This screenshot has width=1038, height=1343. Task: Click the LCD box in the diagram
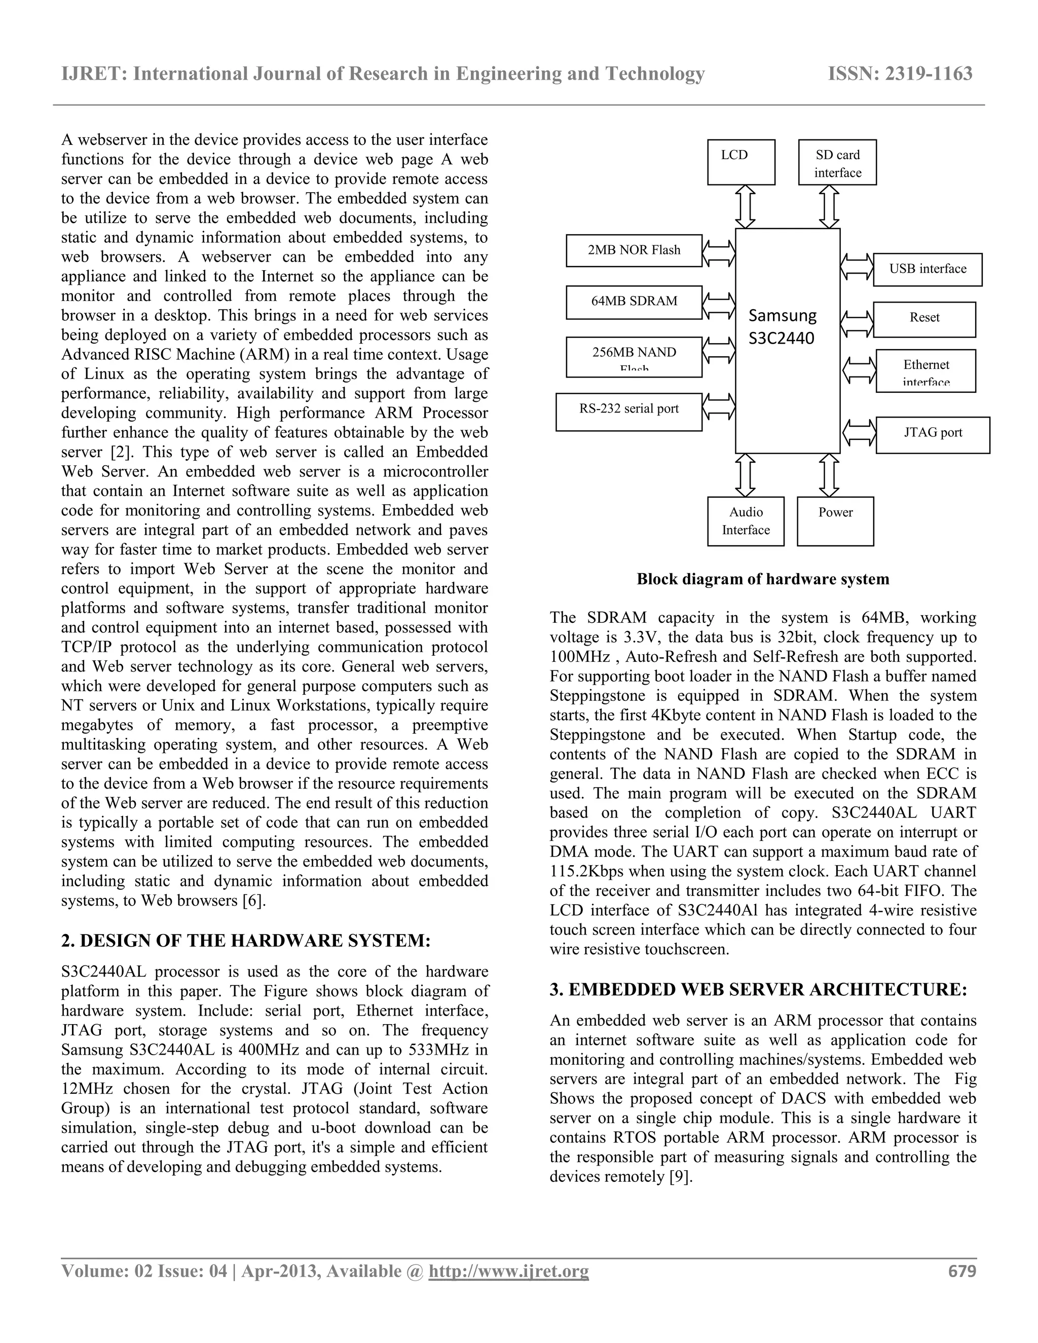(740, 162)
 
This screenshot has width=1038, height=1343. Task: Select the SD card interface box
(837, 162)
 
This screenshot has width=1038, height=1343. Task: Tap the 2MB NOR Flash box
(634, 250)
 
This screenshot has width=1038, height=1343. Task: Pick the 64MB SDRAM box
(634, 302)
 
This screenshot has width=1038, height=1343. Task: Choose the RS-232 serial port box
(628, 412)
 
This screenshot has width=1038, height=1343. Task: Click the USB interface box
(928, 269)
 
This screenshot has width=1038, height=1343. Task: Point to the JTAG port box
(932, 435)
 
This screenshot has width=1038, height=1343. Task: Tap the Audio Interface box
(745, 521)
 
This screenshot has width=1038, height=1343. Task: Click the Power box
(835, 521)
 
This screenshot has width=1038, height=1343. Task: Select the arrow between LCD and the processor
(745, 207)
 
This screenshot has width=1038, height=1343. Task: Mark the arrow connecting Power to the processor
(830, 475)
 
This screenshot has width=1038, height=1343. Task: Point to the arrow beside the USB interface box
(857, 267)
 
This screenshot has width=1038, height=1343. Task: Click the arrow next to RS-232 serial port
(719, 406)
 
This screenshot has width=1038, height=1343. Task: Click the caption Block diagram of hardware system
(762, 579)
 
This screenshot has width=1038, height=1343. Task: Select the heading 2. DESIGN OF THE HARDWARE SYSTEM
(246, 941)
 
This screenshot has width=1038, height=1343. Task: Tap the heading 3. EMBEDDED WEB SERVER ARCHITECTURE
(758, 989)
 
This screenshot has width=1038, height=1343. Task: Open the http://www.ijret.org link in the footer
(508, 1271)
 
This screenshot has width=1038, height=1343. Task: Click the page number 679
(962, 1271)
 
